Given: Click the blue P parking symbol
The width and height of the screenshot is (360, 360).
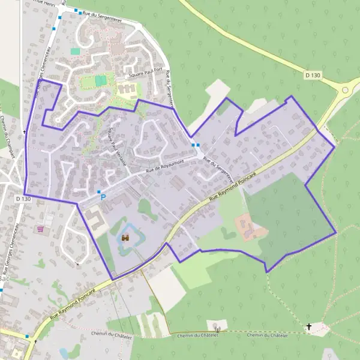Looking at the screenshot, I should click(103, 197).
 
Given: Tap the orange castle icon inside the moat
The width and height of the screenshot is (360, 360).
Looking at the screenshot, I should click(126, 238).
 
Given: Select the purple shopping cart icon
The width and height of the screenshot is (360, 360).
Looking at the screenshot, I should click(40, 229).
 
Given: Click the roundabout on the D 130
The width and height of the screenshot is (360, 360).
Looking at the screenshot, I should click(345, 91).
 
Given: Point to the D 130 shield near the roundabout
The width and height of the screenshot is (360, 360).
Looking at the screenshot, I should click(313, 75).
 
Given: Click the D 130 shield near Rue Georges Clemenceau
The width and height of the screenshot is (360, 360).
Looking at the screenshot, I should click(23, 199).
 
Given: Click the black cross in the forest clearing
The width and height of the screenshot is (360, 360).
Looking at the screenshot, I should click(310, 327).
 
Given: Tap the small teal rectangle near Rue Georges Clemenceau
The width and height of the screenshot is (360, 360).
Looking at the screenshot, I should click(75, 52).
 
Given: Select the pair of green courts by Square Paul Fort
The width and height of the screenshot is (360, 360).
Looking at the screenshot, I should click(100, 80).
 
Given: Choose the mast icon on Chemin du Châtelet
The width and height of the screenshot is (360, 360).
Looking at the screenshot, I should click(218, 329).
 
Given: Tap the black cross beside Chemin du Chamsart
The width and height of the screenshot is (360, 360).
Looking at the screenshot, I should click(25, 132).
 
